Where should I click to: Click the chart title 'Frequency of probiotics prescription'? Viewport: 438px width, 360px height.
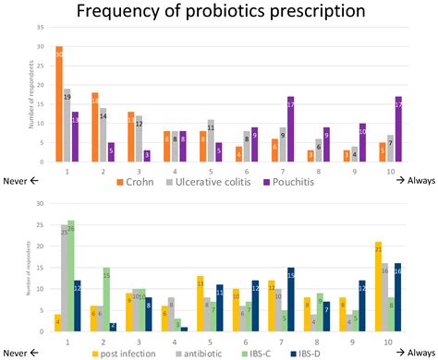[x=219, y=13]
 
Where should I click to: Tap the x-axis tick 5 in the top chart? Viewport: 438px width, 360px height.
[x=212, y=171]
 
